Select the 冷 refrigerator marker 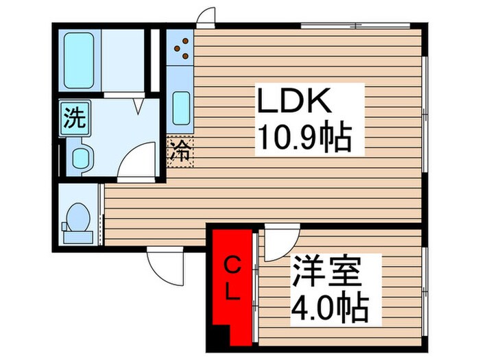click(180, 152)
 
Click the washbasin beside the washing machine click(81, 158)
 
